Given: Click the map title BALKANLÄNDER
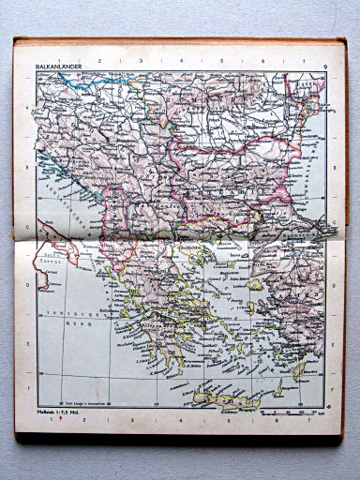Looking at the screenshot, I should [x=58, y=67].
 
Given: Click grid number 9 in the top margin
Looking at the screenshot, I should [x=322, y=67].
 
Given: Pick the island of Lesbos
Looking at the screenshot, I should [x=256, y=284].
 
